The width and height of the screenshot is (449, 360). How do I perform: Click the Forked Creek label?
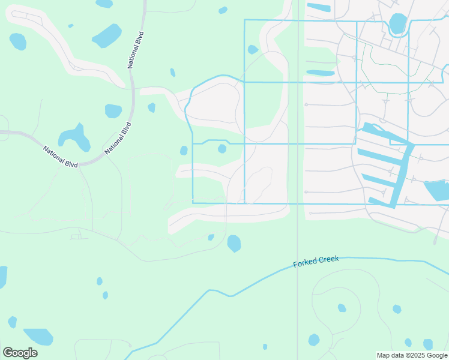[316, 262]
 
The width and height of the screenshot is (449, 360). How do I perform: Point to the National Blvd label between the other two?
[118, 139]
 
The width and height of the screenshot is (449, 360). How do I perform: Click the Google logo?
[20, 352]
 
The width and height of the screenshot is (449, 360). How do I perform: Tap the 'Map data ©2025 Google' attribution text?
[412, 355]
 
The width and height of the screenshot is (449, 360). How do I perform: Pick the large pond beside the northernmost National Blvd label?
[107, 35]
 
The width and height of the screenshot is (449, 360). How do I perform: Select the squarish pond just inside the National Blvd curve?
[113, 110]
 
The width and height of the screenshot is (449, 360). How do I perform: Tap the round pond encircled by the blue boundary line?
[222, 148]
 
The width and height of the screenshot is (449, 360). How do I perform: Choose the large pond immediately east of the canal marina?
[436, 190]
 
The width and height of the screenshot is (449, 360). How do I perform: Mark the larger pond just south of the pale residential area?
[234, 243]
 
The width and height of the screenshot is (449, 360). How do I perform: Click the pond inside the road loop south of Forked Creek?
[342, 308]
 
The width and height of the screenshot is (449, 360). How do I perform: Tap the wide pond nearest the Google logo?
[38, 336]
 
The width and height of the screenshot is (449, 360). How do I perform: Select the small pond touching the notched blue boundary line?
[253, 50]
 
